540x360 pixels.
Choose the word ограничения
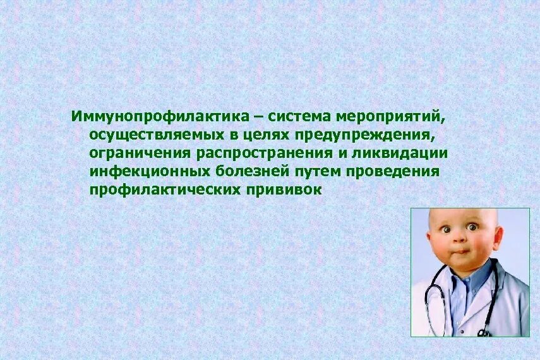click(139, 153)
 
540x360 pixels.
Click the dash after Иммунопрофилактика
click(258, 117)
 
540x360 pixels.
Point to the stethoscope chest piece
click(483, 332)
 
